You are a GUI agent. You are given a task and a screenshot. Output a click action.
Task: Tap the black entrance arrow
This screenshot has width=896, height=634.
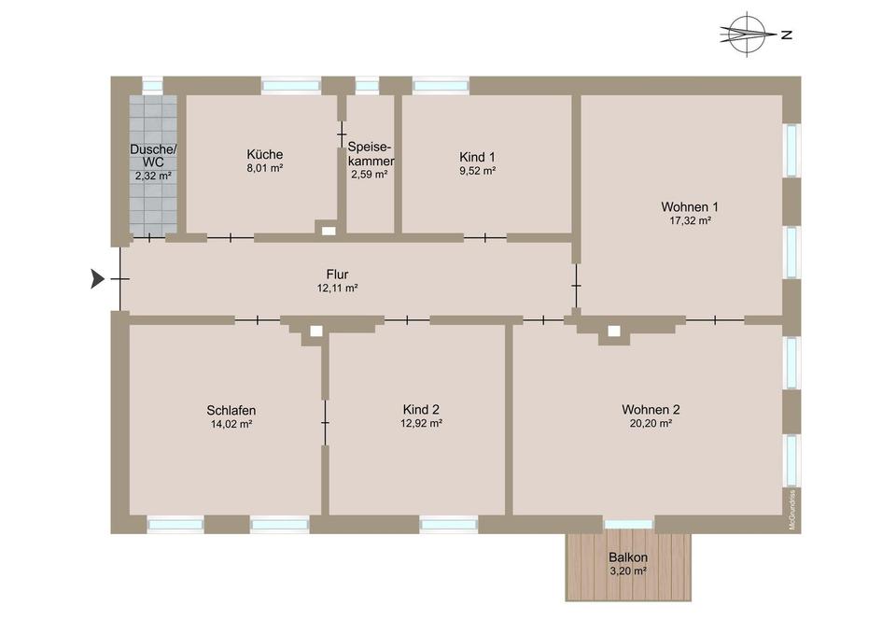[97, 278]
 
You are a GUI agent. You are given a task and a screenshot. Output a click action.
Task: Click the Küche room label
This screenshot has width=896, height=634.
[265, 154]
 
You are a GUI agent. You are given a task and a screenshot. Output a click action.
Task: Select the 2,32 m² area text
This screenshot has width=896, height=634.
[153, 176]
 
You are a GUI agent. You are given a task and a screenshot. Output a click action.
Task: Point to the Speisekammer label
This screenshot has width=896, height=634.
[371, 154]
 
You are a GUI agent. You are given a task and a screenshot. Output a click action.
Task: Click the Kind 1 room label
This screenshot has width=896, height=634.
[477, 156]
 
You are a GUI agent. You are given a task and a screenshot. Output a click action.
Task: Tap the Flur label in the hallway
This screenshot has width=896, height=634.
[337, 275]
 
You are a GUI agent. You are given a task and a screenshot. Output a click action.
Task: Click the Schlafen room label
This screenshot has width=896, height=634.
[231, 410]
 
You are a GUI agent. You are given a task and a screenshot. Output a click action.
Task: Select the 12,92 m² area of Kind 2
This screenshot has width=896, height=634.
[421, 423]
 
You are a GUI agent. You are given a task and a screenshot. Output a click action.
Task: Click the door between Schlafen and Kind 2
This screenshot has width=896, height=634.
[325, 424]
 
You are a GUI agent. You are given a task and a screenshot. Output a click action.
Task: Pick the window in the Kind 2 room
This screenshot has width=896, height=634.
[448, 525]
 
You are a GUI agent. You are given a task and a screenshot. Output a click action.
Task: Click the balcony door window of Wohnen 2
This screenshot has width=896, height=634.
[628, 525]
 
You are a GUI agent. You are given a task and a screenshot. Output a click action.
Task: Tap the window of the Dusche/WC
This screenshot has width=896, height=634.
[151, 85]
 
